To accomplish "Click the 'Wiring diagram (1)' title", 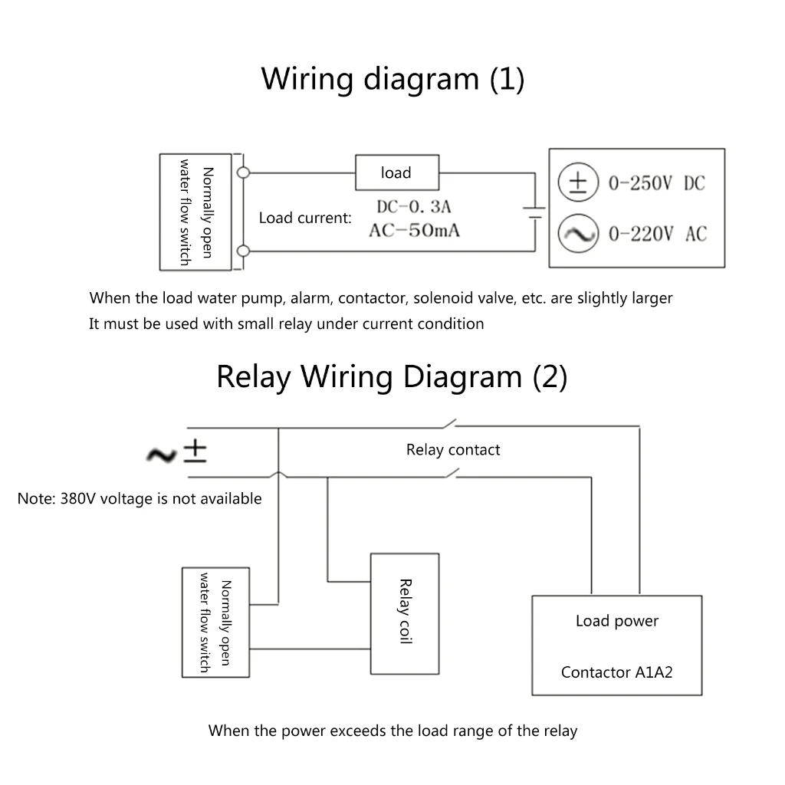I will click(x=392, y=79).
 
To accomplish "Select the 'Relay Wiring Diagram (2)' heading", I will click(x=392, y=377).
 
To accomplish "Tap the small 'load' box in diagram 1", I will click(x=396, y=173).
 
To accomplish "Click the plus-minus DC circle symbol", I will click(x=577, y=182).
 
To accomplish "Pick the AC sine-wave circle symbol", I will click(x=577, y=234).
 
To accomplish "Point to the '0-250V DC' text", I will click(x=656, y=184).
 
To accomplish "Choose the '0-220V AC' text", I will click(x=657, y=235).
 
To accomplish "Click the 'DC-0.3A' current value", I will click(x=414, y=207).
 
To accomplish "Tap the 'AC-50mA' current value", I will click(x=414, y=230).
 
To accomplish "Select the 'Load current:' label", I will click(x=305, y=218).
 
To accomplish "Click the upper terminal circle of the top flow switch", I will click(x=244, y=172).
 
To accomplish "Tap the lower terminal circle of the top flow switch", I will click(x=244, y=251).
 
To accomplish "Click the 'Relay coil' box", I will click(x=405, y=613).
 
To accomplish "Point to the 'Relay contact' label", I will click(x=453, y=450).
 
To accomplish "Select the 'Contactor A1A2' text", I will click(x=616, y=673).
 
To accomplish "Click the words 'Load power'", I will click(x=616, y=621).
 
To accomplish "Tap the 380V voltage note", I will click(x=140, y=499).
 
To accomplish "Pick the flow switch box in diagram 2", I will click(x=215, y=622).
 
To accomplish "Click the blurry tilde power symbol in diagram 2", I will click(x=162, y=455).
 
